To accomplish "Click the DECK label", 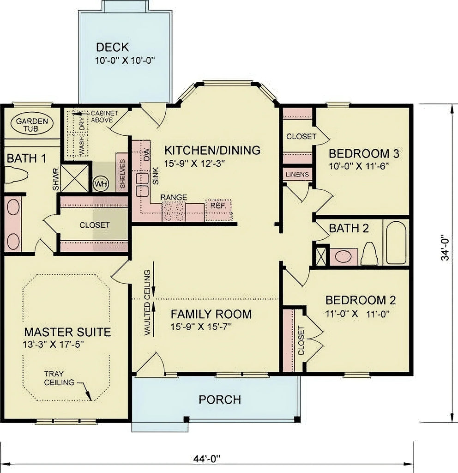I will pyautogui.click(x=112, y=47).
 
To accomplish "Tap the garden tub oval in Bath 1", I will pyautogui.click(x=32, y=124).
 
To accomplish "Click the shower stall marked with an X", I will pyautogui.click(x=74, y=178).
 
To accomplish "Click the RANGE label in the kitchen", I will pyautogui.click(x=174, y=197).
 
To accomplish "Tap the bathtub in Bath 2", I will pyautogui.click(x=396, y=243).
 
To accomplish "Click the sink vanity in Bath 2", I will pyautogui.click(x=343, y=256).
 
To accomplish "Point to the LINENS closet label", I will pyautogui.click(x=298, y=175).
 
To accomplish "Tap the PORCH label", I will pyautogui.click(x=220, y=399).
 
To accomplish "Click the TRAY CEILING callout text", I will pyautogui.click(x=59, y=378).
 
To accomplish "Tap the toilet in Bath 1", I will pyautogui.click(x=16, y=176).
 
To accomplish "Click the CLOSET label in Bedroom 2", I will pyautogui.click(x=301, y=341).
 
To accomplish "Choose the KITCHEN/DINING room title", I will pyautogui.click(x=213, y=150).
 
